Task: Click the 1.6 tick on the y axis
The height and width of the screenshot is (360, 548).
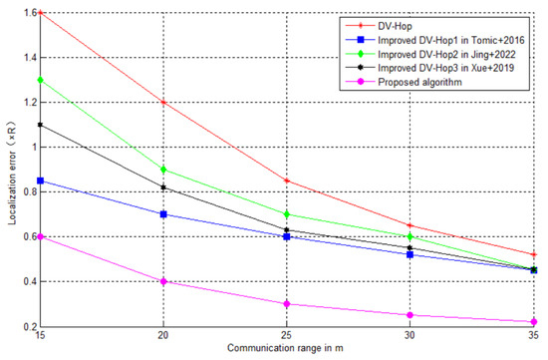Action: pyautogui.click(x=27, y=13)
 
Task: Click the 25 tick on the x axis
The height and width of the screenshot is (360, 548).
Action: pyautogui.click(x=286, y=337)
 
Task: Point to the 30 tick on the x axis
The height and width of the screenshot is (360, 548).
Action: pyautogui.click(x=410, y=337)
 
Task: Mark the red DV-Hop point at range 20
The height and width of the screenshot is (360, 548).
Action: pyautogui.click(x=161, y=103)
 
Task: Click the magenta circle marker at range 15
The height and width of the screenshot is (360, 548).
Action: pyautogui.click(x=38, y=236)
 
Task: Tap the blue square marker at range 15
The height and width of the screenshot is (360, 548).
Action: pyautogui.click(x=38, y=180)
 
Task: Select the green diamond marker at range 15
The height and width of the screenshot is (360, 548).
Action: pyautogui.click(x=38, y=80)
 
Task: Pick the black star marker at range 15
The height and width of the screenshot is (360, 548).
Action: pyautogui.click(x=38, y=125)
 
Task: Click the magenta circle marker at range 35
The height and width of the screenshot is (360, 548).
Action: pyautogui.click(x=534, y=322)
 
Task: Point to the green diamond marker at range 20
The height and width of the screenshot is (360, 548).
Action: pyautogui.click(x=161, y=170)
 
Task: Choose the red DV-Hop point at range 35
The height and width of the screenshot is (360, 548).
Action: pyautogui.click(x=534, y=254)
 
